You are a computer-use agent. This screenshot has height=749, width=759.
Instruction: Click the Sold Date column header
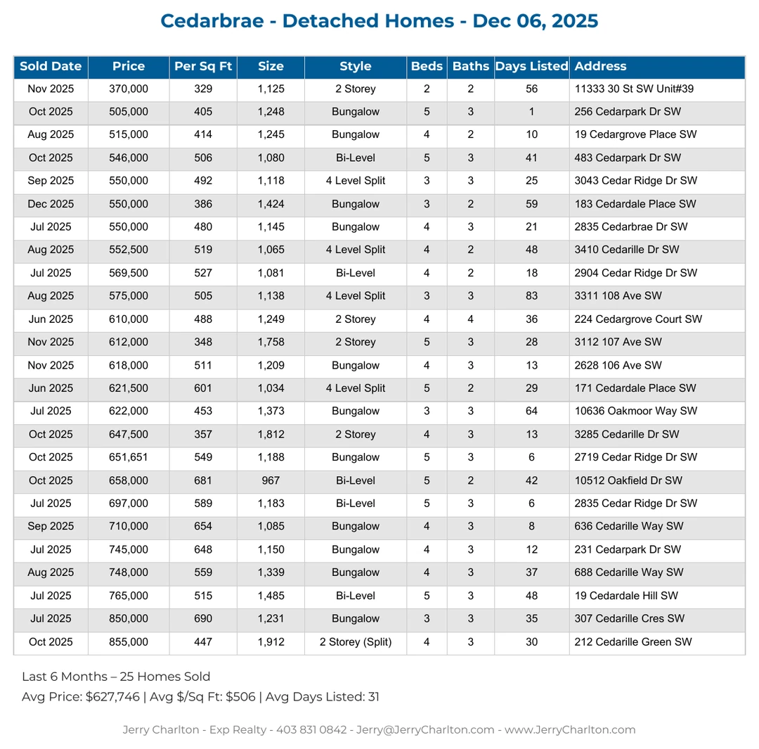tap(51, 67)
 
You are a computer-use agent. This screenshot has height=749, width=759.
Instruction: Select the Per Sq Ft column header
tap(203, 67)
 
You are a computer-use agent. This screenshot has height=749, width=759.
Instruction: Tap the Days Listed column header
tap(531, 67)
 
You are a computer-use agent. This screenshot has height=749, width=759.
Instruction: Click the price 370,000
tap(129, 89)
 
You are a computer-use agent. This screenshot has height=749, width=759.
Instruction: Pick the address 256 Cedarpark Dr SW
tap(627, 112)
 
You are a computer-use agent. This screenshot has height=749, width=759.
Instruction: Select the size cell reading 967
tap(271, 481)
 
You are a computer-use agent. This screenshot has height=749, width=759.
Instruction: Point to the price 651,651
tap(129, 458)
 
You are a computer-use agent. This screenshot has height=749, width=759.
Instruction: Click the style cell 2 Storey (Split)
tap(356, 642)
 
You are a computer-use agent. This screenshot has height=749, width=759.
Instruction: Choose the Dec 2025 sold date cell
tap(51, 205)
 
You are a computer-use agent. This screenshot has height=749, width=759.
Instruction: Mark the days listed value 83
tap(531, 297)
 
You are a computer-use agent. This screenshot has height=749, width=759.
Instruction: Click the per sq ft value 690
tap(203, 620)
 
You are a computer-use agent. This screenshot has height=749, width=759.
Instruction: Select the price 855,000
tap(129, 642)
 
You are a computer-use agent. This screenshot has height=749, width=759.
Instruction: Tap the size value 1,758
tap(271, 343)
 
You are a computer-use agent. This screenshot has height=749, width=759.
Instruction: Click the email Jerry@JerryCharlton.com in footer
tap(425, 730)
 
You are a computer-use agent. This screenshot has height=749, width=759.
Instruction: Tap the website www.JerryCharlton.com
tap(570, 730)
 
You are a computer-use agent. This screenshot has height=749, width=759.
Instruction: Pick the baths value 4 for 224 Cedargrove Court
tap(470, 320)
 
